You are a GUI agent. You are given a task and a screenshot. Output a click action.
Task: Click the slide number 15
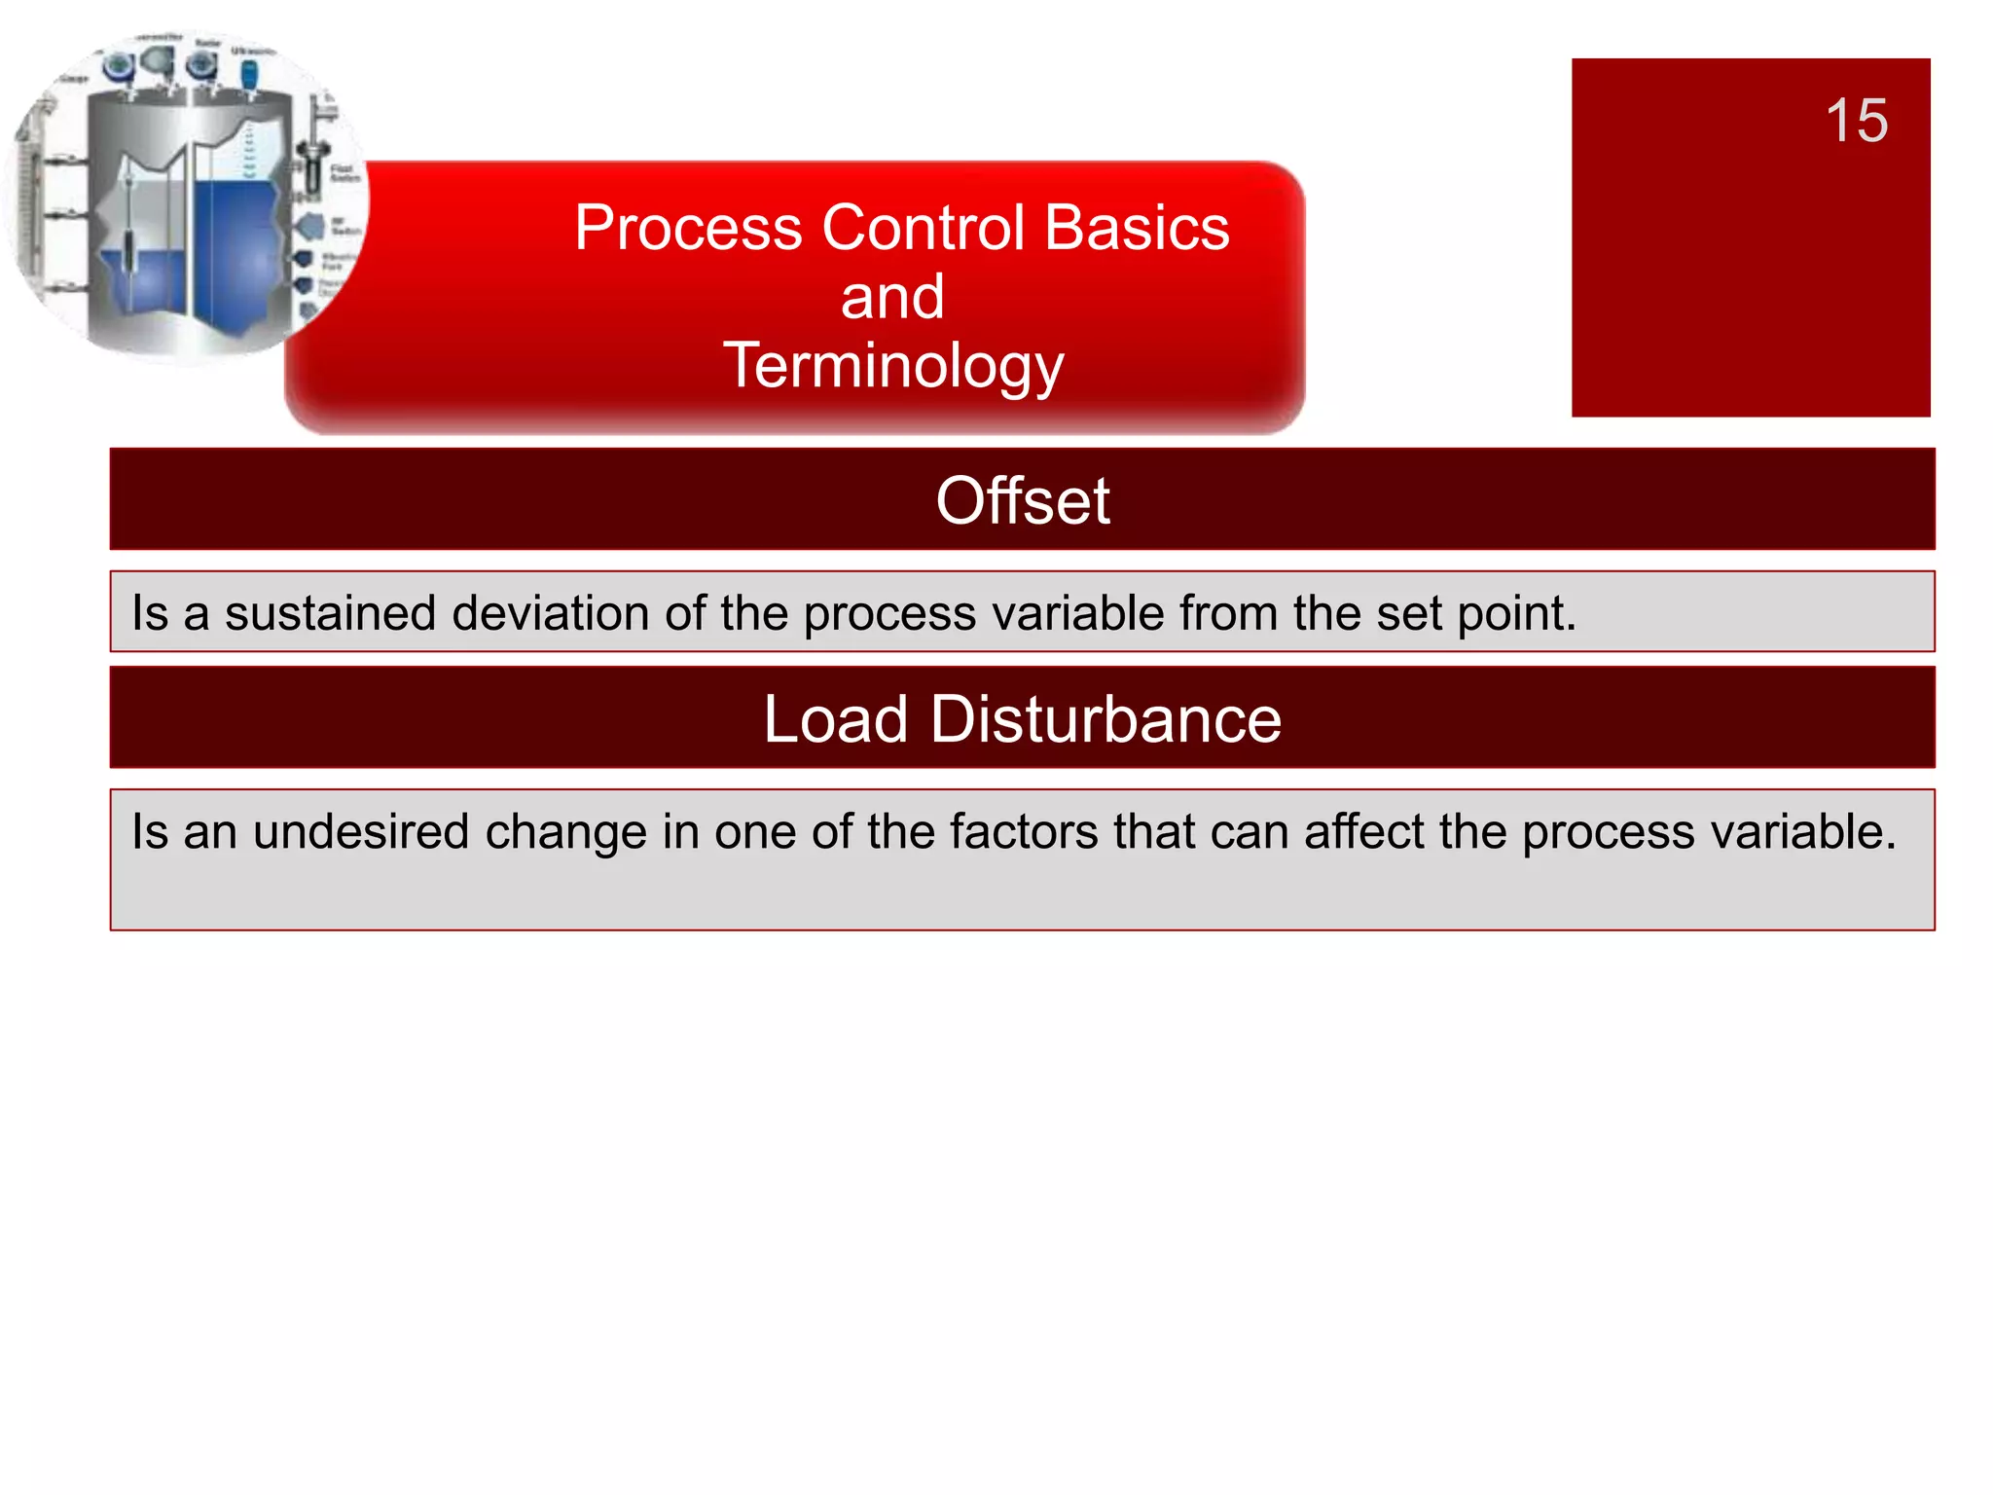coord(1856,121)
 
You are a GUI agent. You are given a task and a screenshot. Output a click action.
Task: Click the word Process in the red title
coord(688,228)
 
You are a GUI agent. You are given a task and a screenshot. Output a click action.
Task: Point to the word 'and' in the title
coord(892,297)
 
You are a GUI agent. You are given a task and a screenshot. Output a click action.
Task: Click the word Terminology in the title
coord(892,367)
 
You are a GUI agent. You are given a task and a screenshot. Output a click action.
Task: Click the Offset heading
coord(1022,501)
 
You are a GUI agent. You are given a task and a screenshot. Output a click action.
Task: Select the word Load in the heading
coord(836,719)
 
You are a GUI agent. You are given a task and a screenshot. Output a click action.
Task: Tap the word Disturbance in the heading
coord(1105,719)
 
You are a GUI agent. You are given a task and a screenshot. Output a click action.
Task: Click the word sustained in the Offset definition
coord(330,614)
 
